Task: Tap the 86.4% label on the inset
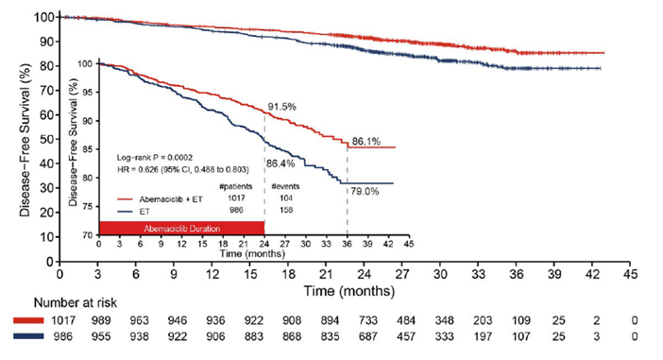pyautogui.click(x=283, y=163)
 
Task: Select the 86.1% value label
pyautogui.click(x=366, y=141)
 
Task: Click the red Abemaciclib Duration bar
pyautogui.click(x=180, y=228)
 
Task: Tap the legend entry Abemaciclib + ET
pyautogui.click(x=161, y=199)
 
